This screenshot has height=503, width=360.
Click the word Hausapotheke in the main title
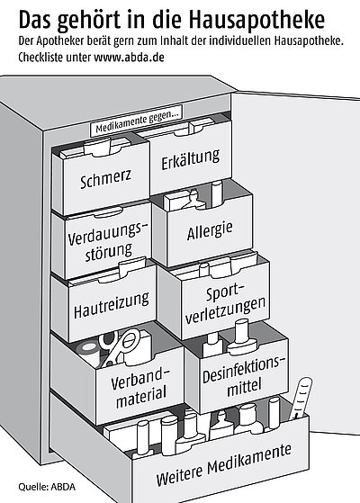coord(256,20)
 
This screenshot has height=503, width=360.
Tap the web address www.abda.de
coord(129,58)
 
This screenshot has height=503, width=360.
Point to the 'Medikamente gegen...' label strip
coord(137,121)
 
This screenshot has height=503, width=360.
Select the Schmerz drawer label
coord(105,179)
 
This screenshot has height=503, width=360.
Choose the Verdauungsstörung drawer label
coord(108,241)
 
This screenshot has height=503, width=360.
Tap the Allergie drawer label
coord(210,230)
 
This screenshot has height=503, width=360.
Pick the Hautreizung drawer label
coord(111,305)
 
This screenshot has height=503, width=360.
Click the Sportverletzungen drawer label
coord(225,303)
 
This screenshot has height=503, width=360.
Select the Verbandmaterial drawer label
coord(139,388)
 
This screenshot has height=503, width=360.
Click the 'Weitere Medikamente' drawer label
coord(223,464)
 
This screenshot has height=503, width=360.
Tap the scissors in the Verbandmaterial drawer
coord(118,347)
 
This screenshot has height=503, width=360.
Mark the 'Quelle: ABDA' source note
coord(47,487)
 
